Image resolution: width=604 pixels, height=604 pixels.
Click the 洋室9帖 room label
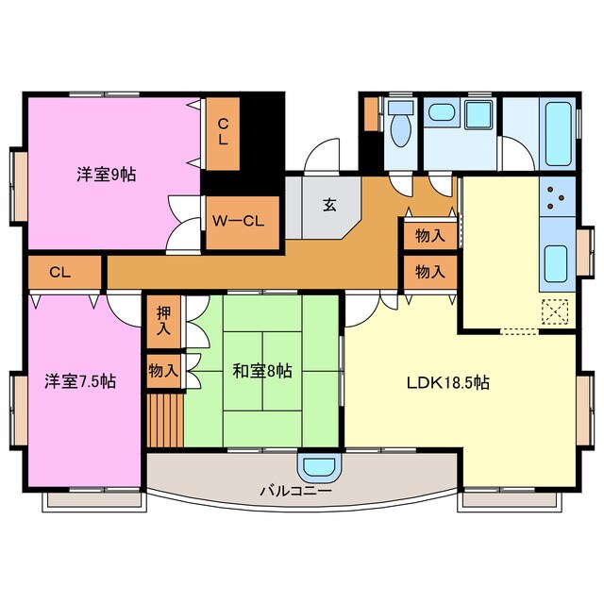(106, 175)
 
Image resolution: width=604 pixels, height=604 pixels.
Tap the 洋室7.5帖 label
(80, 381)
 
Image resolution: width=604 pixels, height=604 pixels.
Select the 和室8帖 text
(261, 371)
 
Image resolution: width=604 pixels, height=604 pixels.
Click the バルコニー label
(295, 492)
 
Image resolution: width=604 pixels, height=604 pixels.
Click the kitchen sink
(555, 260)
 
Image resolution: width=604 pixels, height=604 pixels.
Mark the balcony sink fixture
(317, 467)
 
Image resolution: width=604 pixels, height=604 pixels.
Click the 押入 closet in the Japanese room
(162, 321)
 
